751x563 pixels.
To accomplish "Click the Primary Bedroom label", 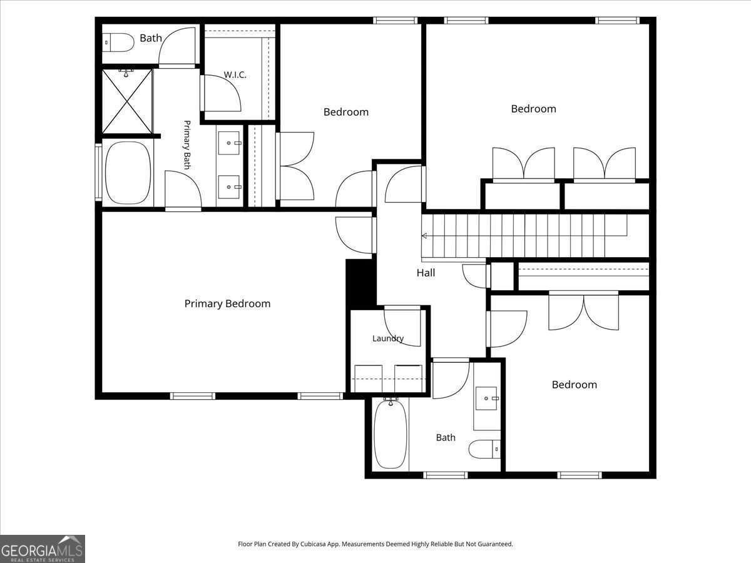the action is [227, 303].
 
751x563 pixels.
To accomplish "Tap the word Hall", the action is [426, 273].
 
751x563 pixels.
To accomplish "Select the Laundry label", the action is [388, 338].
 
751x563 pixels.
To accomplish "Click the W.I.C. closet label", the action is [235, 74].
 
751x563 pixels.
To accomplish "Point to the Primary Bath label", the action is [187, 145].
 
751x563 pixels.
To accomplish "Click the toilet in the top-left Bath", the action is [118, 43].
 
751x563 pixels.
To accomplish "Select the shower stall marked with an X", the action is [127, 101].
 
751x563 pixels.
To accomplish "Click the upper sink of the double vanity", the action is [229, 143].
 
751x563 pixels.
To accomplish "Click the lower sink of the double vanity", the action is [229, 187].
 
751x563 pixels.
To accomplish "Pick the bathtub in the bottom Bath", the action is [391, 434].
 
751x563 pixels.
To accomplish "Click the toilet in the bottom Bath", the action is [484, 449].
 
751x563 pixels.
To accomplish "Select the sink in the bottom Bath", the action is [486, 398].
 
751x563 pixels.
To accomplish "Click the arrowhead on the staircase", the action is [424, 236].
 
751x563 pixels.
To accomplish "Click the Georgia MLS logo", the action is [43, 549].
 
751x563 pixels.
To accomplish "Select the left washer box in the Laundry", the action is [368, 378].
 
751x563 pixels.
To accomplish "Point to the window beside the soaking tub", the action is [98, 172].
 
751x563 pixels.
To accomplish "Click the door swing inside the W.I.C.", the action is [222, 93].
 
